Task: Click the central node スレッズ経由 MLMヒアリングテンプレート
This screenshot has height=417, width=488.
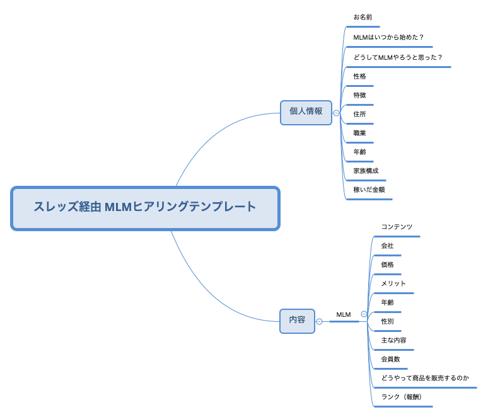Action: [x=145, y=208]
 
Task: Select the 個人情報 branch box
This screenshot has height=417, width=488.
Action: [x=306, y=112]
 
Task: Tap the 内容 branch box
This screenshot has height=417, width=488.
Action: [x=297, y=321]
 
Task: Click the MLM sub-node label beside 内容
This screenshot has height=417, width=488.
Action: [x=344, y=315]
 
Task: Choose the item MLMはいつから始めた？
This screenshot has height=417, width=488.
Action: [x=388, y=38]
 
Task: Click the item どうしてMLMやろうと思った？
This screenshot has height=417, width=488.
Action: [x=398, y=57]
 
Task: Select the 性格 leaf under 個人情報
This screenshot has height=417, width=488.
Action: [x=359, y=77]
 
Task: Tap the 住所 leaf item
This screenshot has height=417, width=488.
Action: [x=359, y=115]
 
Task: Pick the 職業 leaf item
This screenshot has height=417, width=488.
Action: [x=359, y=134]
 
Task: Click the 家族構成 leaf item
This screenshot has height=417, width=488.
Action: [x=366, y=171]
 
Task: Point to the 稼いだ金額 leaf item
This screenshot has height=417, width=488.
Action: [x=369, y=190]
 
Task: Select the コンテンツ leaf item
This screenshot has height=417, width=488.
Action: [x=397, y=227]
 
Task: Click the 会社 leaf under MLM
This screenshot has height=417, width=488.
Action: [x=387, y=246]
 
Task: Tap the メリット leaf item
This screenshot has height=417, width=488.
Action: [x=393, y=284]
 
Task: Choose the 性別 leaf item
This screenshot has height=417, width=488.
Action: [x=387, y=322]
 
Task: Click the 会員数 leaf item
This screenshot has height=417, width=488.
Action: [x=390, y=360]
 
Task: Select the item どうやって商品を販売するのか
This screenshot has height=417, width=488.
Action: [x=425, y=379]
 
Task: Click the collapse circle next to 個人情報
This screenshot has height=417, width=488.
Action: [x=336, y=113]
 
